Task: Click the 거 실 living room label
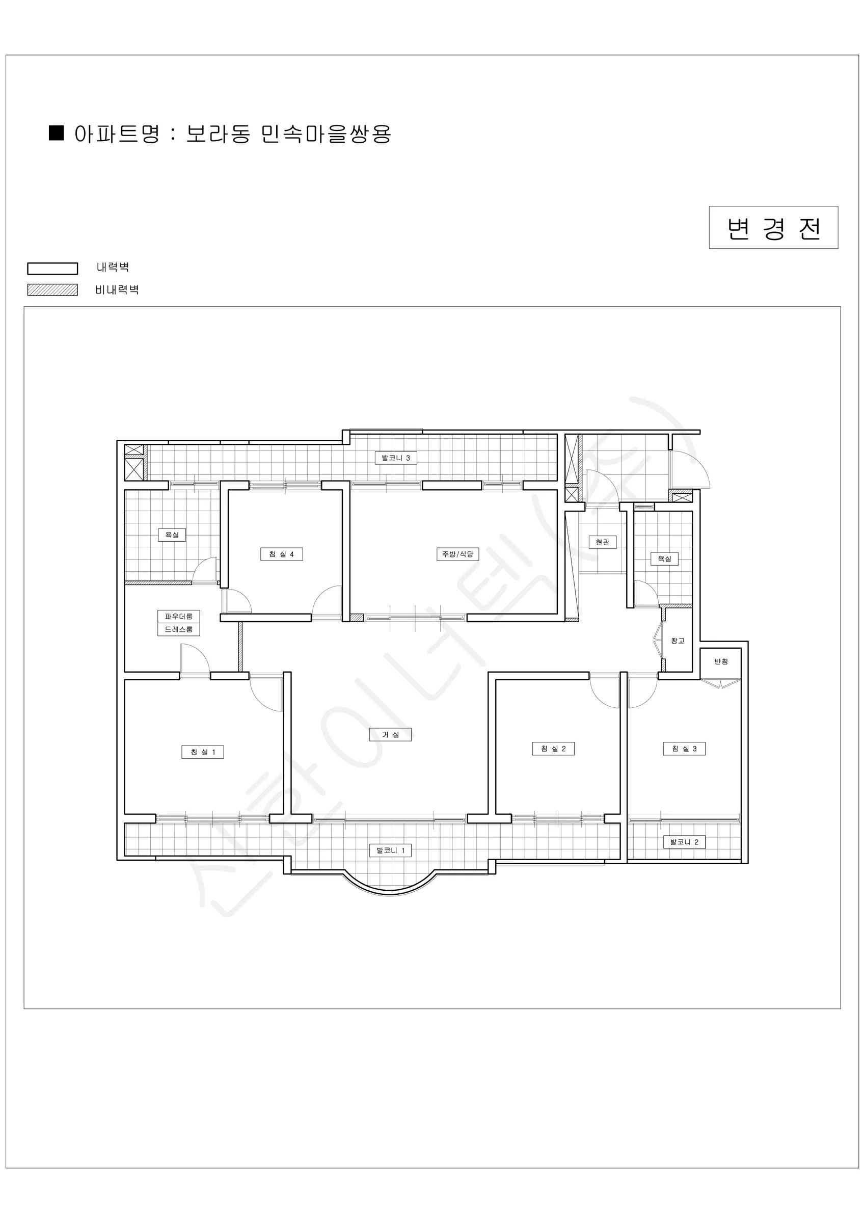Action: [x=390, y=734]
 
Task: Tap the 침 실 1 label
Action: [x=202, y=752]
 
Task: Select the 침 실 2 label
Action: [x=553, y=749]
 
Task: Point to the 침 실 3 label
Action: [x=685, y=749]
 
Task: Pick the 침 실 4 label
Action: [x=281, y=554]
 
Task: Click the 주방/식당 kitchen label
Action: [x=457, y=554]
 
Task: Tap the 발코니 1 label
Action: [x=390, y=850]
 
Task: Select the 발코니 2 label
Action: [x=685, y=842]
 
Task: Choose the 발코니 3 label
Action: [x=396, y=458]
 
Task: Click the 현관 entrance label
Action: [x=603, y=542]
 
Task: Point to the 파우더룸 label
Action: [x=178, y=616]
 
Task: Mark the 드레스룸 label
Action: [x=178, y=629]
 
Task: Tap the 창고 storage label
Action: [x=678, y=641]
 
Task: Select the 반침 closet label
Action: [x=721, y=661]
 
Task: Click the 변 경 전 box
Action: [x=773, y=227]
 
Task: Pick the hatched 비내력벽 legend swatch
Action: [x=53, y=290]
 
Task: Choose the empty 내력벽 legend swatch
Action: [x=53, y=269]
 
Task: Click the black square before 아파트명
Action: [x=57, y=132]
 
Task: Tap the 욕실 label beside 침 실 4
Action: [x=172, y=535]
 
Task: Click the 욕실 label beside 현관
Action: [x=664, y=559]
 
